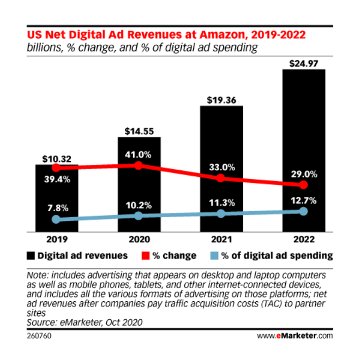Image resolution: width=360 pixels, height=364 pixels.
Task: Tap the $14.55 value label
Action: [x=139, y=131]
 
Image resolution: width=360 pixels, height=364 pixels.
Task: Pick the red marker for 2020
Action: [x=139, y=165]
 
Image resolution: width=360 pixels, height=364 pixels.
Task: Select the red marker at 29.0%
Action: [x=303, y=185]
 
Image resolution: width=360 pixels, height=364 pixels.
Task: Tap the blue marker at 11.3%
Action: [x=221, y=213]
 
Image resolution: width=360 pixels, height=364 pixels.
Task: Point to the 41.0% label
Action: [x=139, y=154]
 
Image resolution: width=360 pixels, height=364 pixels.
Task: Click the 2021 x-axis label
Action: [x=221, y=238]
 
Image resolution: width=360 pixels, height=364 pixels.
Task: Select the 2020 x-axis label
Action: [x=139, y=238]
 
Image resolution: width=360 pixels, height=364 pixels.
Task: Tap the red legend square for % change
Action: [x=145, y=255]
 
